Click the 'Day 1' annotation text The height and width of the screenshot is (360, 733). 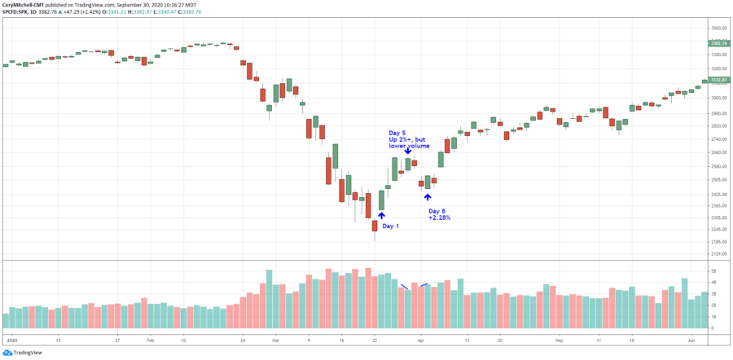391,226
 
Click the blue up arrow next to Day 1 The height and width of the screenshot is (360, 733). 381,216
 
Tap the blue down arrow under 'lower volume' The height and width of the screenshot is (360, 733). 407,151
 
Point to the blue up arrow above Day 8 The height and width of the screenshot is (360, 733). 428,196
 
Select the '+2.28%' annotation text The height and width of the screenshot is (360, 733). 439,217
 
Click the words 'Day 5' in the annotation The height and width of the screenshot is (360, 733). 397,133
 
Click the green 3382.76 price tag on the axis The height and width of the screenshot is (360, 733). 718,43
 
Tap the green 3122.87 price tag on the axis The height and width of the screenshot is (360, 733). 718,80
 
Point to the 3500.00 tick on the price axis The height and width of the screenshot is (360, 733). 718,29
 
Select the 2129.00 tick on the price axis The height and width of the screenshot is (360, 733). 718,253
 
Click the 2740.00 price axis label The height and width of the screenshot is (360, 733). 718,139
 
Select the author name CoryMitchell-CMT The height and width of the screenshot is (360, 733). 25,5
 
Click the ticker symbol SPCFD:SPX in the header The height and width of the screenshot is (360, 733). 17,12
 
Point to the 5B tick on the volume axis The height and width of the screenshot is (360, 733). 713,270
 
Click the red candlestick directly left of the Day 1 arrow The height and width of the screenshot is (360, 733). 375,225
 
